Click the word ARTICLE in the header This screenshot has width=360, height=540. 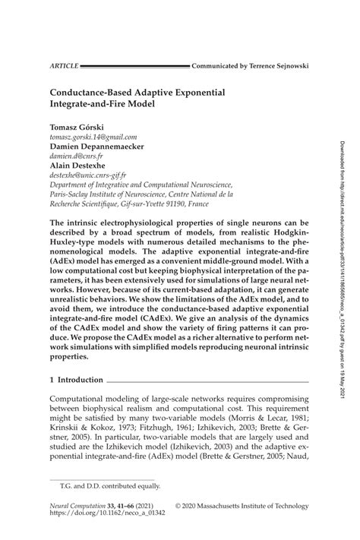(64, 67)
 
